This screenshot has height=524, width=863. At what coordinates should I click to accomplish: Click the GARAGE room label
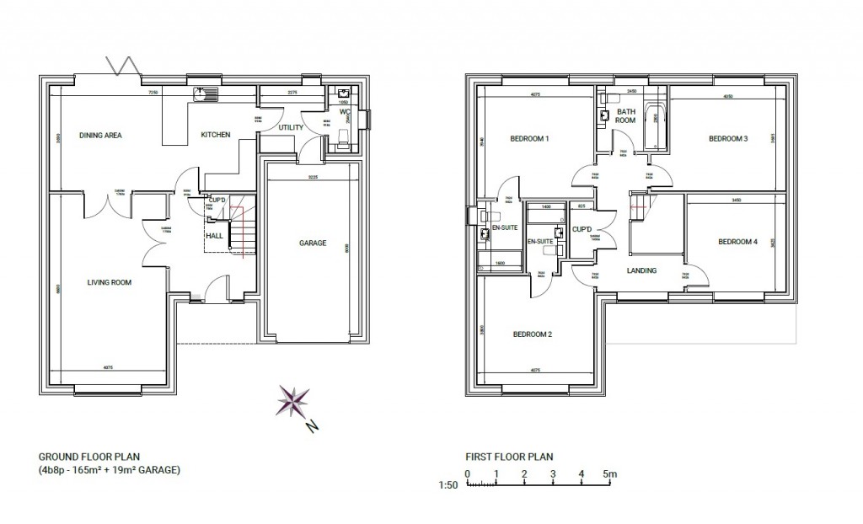(313, 243)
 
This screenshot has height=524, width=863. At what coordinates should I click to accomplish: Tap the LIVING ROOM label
(110, 282)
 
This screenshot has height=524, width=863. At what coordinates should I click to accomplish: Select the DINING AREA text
(101, 135)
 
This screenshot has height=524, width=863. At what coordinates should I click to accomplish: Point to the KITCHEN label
(215, 135)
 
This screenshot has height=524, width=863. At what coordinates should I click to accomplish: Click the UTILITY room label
(291, 127)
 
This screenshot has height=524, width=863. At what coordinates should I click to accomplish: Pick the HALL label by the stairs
(215, 236)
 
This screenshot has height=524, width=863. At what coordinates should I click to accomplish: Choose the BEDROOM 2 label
(533, 334)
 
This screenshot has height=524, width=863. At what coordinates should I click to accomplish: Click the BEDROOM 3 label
(728, 139)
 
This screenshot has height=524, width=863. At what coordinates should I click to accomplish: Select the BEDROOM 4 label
(737, 242)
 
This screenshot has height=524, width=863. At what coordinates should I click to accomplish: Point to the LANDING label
(641, 270)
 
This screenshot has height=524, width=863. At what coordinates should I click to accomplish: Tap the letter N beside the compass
(311, 427)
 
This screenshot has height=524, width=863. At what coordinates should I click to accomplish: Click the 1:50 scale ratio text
(448, 486)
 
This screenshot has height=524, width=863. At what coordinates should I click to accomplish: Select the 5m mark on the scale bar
(610, 474)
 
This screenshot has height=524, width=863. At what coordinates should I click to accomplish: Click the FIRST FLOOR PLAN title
(509, 457)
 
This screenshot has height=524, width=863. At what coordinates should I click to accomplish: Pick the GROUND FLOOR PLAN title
(82, 457)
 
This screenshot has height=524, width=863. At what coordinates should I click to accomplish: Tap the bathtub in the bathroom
(655, 126)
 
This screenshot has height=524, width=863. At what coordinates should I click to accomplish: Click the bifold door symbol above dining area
(120, 67)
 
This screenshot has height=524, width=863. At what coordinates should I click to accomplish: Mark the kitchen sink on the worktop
(205, 95)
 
